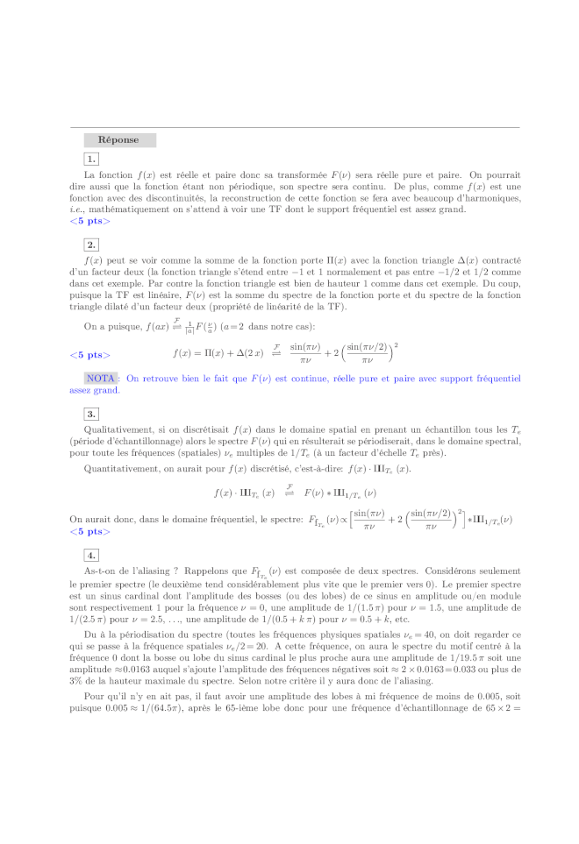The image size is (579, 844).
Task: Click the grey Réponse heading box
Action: pos(119,140)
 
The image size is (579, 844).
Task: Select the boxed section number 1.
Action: pos(91,159)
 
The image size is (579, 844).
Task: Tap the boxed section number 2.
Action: pos(91,245)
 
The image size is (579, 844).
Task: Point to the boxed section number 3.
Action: pos(91,414)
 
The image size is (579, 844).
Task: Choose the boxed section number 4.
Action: pos(91,556)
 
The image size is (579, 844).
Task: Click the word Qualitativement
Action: pos(118,431)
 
